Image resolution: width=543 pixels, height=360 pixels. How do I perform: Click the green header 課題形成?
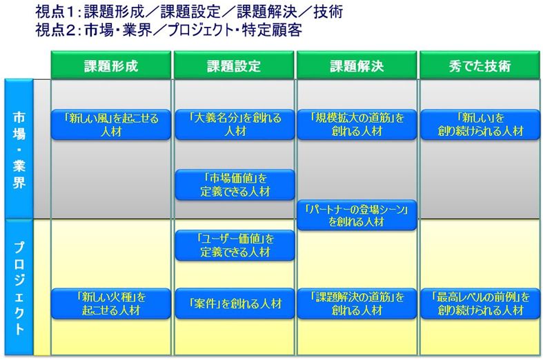point(111,65)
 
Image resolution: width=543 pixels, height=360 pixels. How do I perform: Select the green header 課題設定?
point(234,65)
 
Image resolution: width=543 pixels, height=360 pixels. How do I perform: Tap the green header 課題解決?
point(357,65)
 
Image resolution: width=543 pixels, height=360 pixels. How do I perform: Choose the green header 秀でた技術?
point(480,65)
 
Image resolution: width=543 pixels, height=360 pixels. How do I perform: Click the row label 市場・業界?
point(19,149)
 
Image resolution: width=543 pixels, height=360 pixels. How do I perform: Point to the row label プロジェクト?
point(19,288)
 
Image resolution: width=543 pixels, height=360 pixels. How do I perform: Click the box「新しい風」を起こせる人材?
point(111,125)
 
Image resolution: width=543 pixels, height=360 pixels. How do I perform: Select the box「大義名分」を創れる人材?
point(235,125)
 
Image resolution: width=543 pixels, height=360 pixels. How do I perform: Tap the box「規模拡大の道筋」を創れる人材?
point(357,125)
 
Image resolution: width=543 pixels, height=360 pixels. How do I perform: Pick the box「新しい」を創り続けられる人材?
point(480,125)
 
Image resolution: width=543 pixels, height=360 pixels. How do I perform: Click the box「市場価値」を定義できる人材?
point(235,185)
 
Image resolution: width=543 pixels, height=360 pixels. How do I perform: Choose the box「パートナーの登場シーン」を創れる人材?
point(357,215)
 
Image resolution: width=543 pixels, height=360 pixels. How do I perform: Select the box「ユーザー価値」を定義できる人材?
point(235,245)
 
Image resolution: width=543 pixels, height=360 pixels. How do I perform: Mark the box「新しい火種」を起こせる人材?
point(111,303)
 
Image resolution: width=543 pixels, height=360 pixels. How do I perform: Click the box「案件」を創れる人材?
point(235,303)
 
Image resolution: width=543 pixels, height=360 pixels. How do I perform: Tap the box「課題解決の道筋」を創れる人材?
point(357,303)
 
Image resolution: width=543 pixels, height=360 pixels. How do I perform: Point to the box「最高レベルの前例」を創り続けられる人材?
point(480,303)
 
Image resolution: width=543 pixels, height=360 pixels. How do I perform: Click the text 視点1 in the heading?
point(55,12)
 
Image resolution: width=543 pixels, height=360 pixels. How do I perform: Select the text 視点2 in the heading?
point(56,30)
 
